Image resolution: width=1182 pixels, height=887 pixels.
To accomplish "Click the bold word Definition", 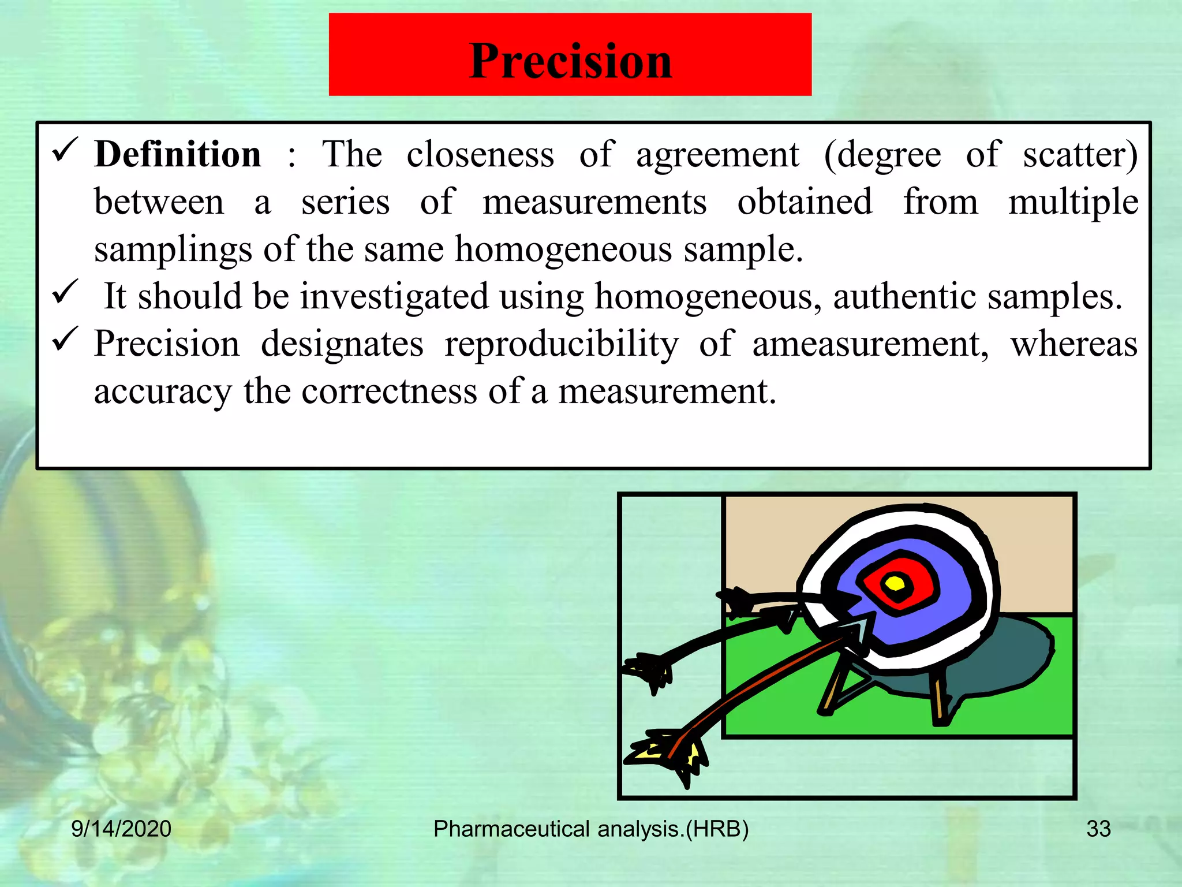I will pyautogui.click(x=178, y=155).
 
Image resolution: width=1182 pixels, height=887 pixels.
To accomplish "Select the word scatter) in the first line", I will pyautogui.click(x=1080, y=155).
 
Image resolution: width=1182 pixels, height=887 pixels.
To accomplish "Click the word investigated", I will pyautogui.click(x=394, y=297).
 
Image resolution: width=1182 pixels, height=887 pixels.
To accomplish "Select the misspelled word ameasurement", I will pyautogui.click(x=870, y=344).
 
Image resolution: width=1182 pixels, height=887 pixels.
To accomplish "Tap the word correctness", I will pyautogui.click(x=390, y=392).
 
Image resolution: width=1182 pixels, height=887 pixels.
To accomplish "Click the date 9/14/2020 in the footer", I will pyautogui.click(x=121, y=829).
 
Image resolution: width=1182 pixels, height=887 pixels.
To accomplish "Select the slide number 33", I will pyautogui.click(x=1098, y=829).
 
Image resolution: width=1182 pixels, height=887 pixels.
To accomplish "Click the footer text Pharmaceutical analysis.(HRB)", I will pyautogui.click(x=591, y=829).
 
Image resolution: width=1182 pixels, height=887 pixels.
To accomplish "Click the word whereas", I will pyautogui.click(x=1073, y=344).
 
